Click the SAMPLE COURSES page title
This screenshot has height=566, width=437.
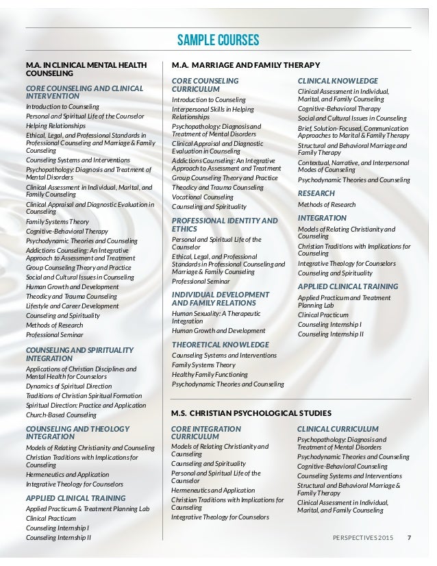coord(218,40)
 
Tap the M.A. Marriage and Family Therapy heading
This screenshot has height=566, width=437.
coord(245,65)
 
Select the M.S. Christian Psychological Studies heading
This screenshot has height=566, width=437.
coord(251,413)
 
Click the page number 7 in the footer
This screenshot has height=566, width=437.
coord(409,537)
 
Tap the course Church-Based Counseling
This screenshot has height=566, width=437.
coord(62,415)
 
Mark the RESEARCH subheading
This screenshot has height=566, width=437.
coord(316,193)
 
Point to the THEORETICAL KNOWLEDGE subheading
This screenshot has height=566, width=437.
coord(220,344)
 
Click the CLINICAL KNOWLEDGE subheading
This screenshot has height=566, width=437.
coord(338,80)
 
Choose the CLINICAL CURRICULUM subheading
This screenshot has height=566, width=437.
coord(338,428)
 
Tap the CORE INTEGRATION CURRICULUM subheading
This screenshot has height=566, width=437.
coord(205,432)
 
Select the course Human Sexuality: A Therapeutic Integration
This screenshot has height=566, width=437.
coord(215,317)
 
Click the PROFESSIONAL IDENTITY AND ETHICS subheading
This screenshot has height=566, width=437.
coord(224,225)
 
